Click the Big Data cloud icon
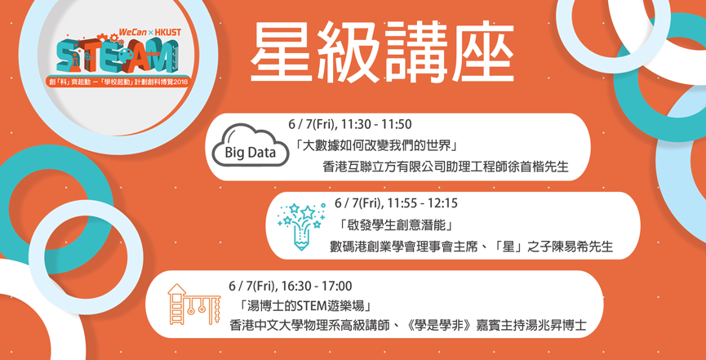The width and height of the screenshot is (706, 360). [x=251, y=144]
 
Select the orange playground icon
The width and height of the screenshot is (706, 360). [x=194, y=304]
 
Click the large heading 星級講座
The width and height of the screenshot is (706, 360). [x=382, y=51]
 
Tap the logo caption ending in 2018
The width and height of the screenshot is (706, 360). [x=120, y=82]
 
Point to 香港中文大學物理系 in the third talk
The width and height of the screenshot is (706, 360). [x=286, y=326]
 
